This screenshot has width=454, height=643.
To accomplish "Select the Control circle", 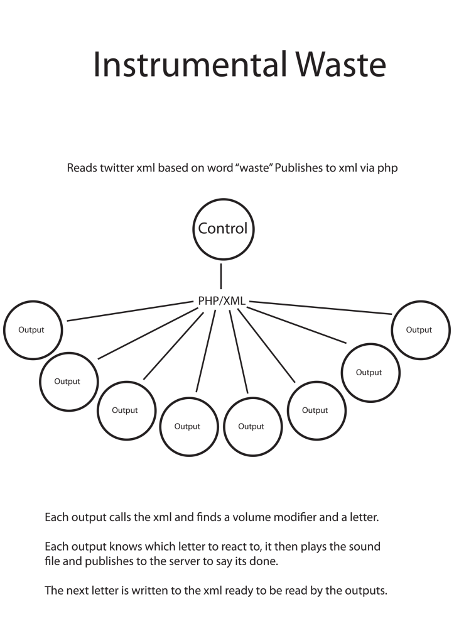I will click(x=222, y=229).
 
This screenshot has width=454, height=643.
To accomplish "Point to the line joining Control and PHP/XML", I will click(x=222, y=277).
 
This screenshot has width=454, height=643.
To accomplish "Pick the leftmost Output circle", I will click(x=33, y=330).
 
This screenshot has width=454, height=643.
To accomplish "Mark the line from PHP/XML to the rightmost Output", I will click(x=320, y=308).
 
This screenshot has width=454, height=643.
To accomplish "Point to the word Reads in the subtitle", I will click(x=82, y=169).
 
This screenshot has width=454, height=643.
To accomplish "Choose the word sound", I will click(x=365, y=547).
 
